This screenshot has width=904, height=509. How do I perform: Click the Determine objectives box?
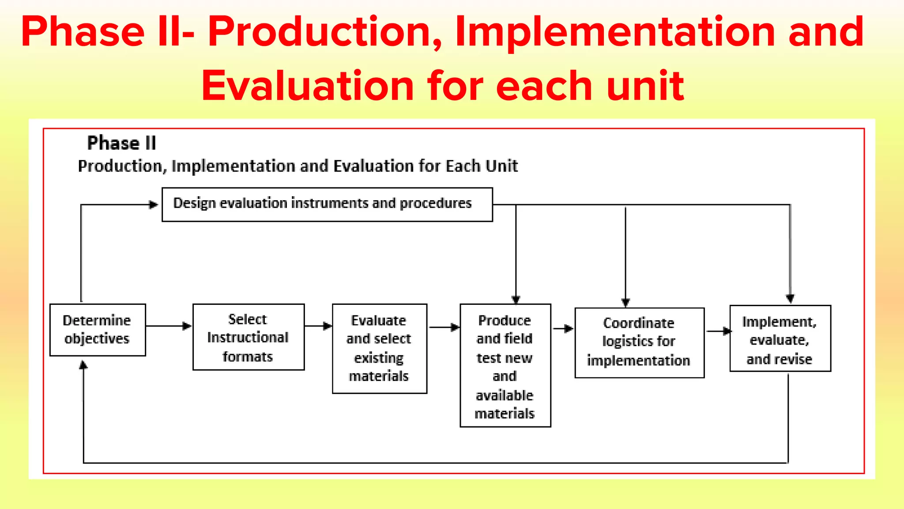click(98, 330)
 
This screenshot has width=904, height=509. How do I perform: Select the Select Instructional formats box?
click(249, 337)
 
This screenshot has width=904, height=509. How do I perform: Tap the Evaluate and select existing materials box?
click(379, 348)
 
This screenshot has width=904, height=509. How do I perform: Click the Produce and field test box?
click(505, 365)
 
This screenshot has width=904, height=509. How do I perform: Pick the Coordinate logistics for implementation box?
click(639, 342)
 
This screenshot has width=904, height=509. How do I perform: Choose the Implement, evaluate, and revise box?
click(780, 339)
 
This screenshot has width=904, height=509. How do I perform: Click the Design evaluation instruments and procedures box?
click(327, 204)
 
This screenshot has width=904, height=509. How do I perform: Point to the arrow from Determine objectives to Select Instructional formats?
click(169, 326)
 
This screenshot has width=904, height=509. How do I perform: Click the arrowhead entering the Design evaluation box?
click(153, 205)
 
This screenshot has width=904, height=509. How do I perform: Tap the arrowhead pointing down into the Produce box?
click(516, 299)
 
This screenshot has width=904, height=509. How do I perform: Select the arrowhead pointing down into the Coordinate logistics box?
click(625, 302)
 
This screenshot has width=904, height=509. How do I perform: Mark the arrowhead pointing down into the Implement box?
click(790, 298)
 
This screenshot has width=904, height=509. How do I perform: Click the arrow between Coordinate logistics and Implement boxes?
click(718, 331)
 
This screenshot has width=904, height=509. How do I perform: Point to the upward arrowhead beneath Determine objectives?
click(83, 365)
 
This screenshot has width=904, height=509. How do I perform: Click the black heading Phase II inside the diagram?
click(121, 143)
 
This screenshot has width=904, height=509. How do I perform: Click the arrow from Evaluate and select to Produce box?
click(444, 327)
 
